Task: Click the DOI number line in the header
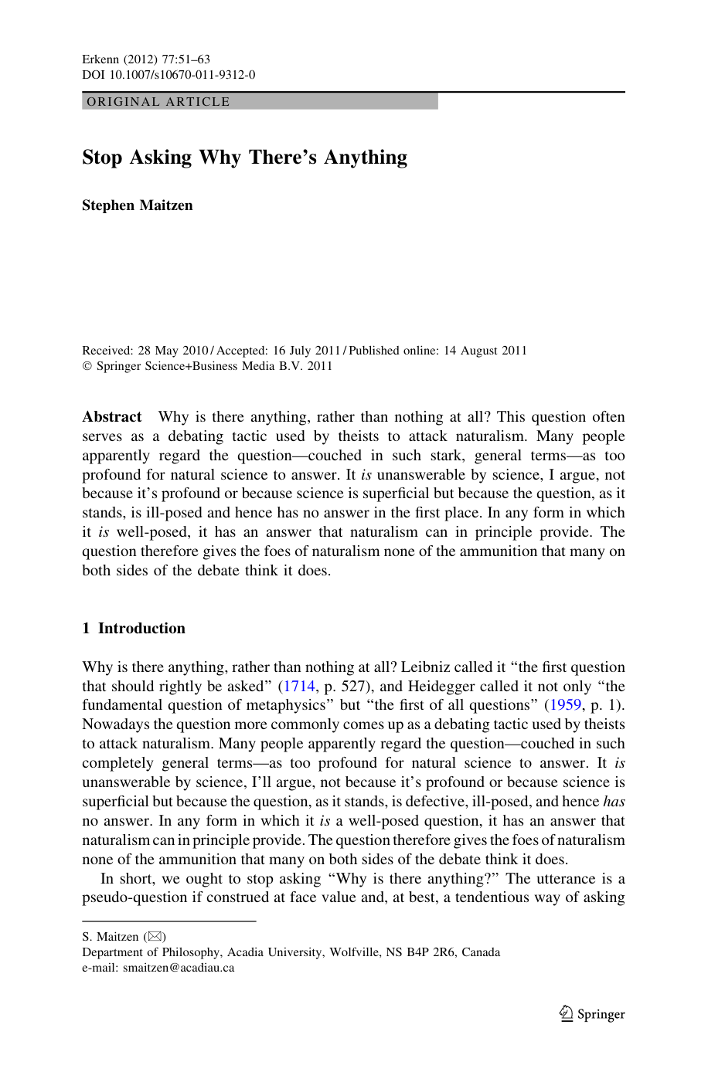pos(168,75)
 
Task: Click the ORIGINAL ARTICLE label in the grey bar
pos(158,102)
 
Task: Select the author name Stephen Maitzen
pos(138,205)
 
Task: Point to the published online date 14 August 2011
pos(485,351)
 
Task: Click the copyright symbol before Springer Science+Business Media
pos(87,366)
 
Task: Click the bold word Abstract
pos(112,417)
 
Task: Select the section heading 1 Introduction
pos(134,629)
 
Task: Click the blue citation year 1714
pos(299,687)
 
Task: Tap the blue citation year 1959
pos(565,705)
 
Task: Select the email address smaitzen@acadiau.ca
pos(179,968)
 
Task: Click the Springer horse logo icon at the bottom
pos(567,1013)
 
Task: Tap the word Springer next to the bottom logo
pos(601,1015)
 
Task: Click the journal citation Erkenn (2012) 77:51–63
pos(146,59)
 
